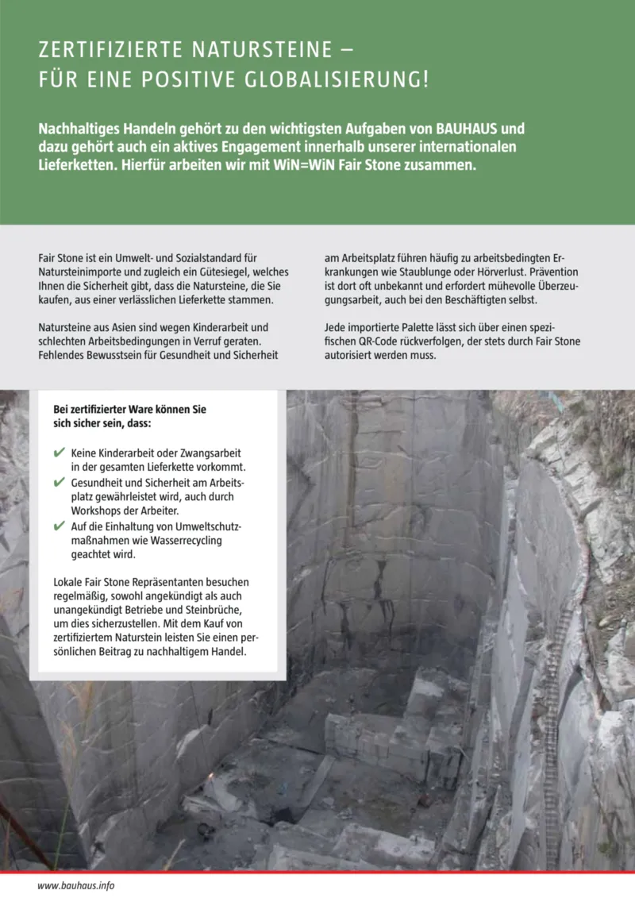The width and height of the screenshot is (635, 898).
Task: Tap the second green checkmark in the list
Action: (x=59, y=483)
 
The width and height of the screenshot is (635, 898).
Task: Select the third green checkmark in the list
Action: (x=59, y=526)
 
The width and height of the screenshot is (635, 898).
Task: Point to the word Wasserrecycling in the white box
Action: (x=182, y=540)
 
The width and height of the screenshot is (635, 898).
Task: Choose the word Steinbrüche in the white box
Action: (x=213, y=608)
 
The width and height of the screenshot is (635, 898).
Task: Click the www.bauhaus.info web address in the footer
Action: (x=76, y=885)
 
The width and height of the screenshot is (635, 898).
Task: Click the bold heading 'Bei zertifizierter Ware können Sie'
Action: (x=129, y=409)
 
